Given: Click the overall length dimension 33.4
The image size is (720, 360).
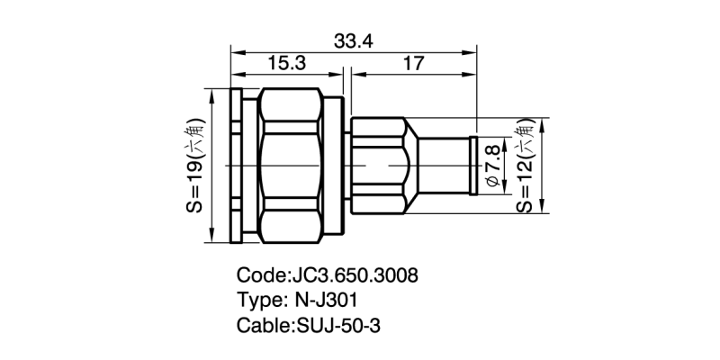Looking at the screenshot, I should pyautogui.click(x=354, y=40).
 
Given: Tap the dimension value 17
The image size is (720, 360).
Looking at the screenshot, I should pyautogui.click(x=414, y=63).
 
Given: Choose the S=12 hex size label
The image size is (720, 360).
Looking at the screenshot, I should pyautogui.click(x=525, y=166).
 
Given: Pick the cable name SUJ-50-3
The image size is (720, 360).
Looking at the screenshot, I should pyautogui.click(x=338, y=326).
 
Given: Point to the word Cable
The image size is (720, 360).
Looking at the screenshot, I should pyautogui.click(x=262, y=326).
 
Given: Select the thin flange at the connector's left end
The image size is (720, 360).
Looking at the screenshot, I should pyautogui.click(x=235, y=166).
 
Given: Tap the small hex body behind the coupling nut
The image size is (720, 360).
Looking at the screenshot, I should pyautogui.click(x=378, y=166).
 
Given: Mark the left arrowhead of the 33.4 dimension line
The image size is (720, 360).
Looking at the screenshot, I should pyautogui.click(x=236, y=51).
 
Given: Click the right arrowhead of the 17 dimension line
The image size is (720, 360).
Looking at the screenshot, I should pyautogui.click(x=472, y=74).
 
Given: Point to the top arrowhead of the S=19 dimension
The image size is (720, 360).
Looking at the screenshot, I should pyautogui.click(x=209, y=94).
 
